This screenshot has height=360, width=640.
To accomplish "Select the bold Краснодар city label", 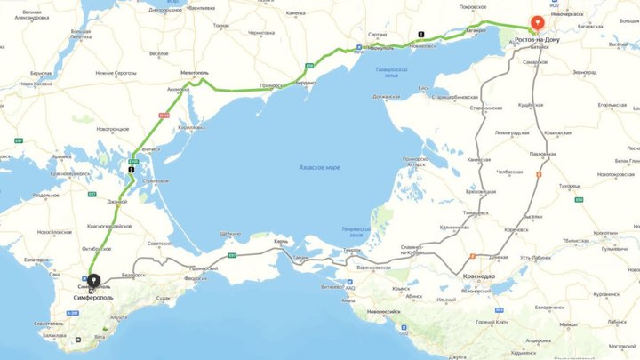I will pyautogui.click(x=479, y=276).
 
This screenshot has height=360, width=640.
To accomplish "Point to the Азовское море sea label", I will pyautogui.click(x=319, y=167).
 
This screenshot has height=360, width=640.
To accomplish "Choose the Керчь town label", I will pyautogui.click(x=281, y=242).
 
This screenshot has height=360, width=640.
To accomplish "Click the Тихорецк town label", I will pyautogui.click(x=570, y=187).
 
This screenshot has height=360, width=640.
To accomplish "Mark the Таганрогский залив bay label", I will pyautogui.click(x=392, y=71).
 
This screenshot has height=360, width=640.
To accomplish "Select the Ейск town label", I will pyautogui.click(x=424, y=88).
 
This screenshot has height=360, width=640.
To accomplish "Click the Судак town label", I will pyautogui.click(x=163, y=299).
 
